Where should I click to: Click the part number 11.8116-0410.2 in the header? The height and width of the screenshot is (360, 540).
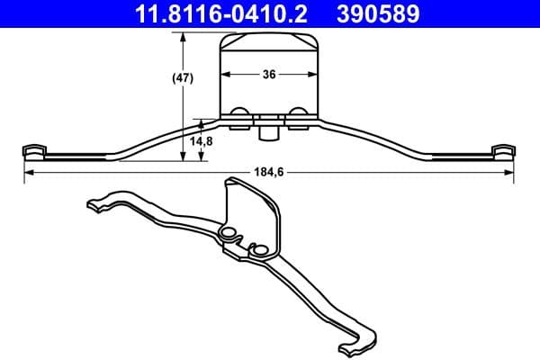coord(216,14)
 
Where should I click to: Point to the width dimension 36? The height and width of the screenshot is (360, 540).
coord(269,76)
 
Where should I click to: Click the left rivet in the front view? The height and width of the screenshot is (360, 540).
coord(239,113)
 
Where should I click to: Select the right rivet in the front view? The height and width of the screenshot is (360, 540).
coord(298,113)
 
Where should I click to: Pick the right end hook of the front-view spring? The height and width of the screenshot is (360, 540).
coord(504,149)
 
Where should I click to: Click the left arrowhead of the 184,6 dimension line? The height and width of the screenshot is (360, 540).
coord(27,172)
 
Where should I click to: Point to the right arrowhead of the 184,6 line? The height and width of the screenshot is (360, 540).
coord(510,172)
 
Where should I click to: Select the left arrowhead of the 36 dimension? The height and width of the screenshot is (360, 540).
coord(225,76)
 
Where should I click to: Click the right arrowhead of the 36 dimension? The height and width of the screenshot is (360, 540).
coord(315,76)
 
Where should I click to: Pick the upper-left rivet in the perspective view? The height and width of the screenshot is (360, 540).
coord(228,234)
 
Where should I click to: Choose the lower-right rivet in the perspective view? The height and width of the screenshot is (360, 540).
coord(260,249)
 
